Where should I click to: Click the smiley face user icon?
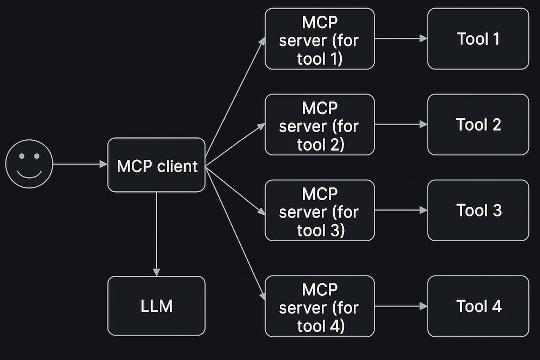click(29, 164)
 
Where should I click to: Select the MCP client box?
click(156, 165)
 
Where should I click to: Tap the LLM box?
click(156, 306)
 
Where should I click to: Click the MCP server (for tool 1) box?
click(319, 39)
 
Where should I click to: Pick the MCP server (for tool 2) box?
click(319, 125)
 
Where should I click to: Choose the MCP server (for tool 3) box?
click(319, 210)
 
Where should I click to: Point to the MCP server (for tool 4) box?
click(319, 306)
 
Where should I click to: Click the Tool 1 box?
click(478, 39)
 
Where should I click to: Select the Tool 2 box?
click(478, 125)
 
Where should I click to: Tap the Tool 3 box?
click(478, 210)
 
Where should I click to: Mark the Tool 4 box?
click(478, 306)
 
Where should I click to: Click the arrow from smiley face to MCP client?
click(80, 164)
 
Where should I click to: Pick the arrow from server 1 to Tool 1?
click(401, 39)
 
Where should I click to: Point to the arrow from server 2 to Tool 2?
click(401, 124)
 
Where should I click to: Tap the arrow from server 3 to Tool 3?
click(401, 210)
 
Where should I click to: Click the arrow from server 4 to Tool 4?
click(401, 306)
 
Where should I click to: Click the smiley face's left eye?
click(22, 157)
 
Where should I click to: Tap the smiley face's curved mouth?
click(29, 174)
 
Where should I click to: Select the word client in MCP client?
click(177, 166)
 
